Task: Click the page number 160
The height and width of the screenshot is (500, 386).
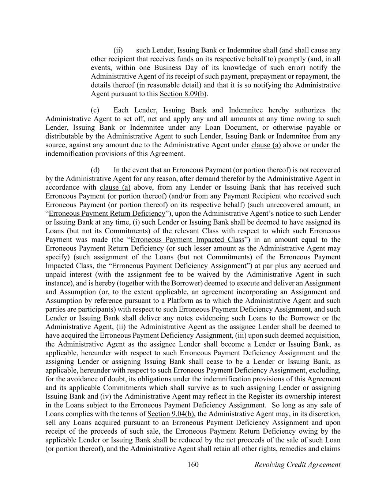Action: click(x=193, y=464)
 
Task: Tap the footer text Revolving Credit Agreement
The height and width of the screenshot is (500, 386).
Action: click(x=297, y=464)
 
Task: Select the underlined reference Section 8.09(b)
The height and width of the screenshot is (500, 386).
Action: click(x=183, y=94)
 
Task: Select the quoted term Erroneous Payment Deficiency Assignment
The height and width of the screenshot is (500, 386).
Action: click(x=179, y=266)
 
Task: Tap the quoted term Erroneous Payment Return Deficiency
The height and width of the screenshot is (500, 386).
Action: click(x=107, y=213)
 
